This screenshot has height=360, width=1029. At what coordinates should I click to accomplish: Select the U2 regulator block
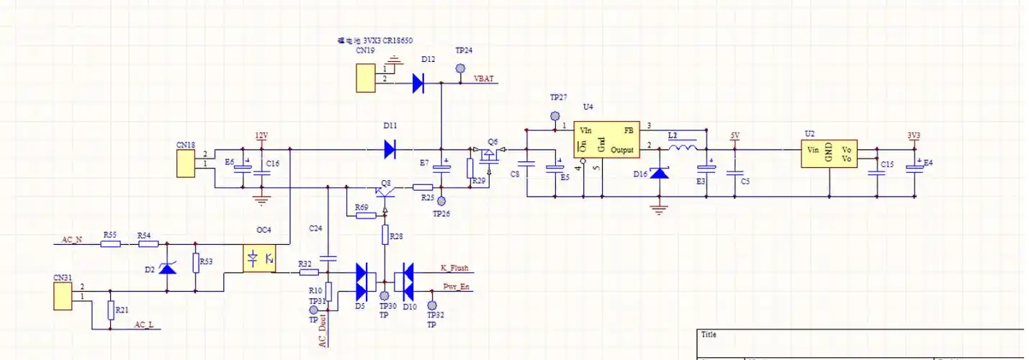[x=830, y=153]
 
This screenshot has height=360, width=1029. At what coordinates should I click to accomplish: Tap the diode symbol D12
[x=419, y=84]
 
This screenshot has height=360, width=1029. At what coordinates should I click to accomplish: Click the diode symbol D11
[x=390, y=150]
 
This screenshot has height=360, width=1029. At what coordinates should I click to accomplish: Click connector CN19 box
[x=366, y=78]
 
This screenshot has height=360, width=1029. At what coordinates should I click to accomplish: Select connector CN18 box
[x=186, y=163]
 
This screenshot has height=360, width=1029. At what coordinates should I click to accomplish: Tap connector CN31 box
[x=63, y=296]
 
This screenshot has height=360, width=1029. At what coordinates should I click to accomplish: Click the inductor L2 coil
[x=682, y=149]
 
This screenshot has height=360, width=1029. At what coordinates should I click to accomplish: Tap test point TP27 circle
[x=555, y=115]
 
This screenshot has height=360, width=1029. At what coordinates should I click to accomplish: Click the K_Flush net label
[x=454, y=269]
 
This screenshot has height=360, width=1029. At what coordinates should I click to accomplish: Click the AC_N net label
[x=71, y=239]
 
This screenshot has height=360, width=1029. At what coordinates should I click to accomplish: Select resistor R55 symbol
[x=110, y=244]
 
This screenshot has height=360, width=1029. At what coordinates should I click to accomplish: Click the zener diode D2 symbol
[x=167, y=269]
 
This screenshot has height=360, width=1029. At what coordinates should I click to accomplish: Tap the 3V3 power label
[x=914, y=135]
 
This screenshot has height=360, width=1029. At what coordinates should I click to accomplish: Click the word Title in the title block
[x=709, y=335]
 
